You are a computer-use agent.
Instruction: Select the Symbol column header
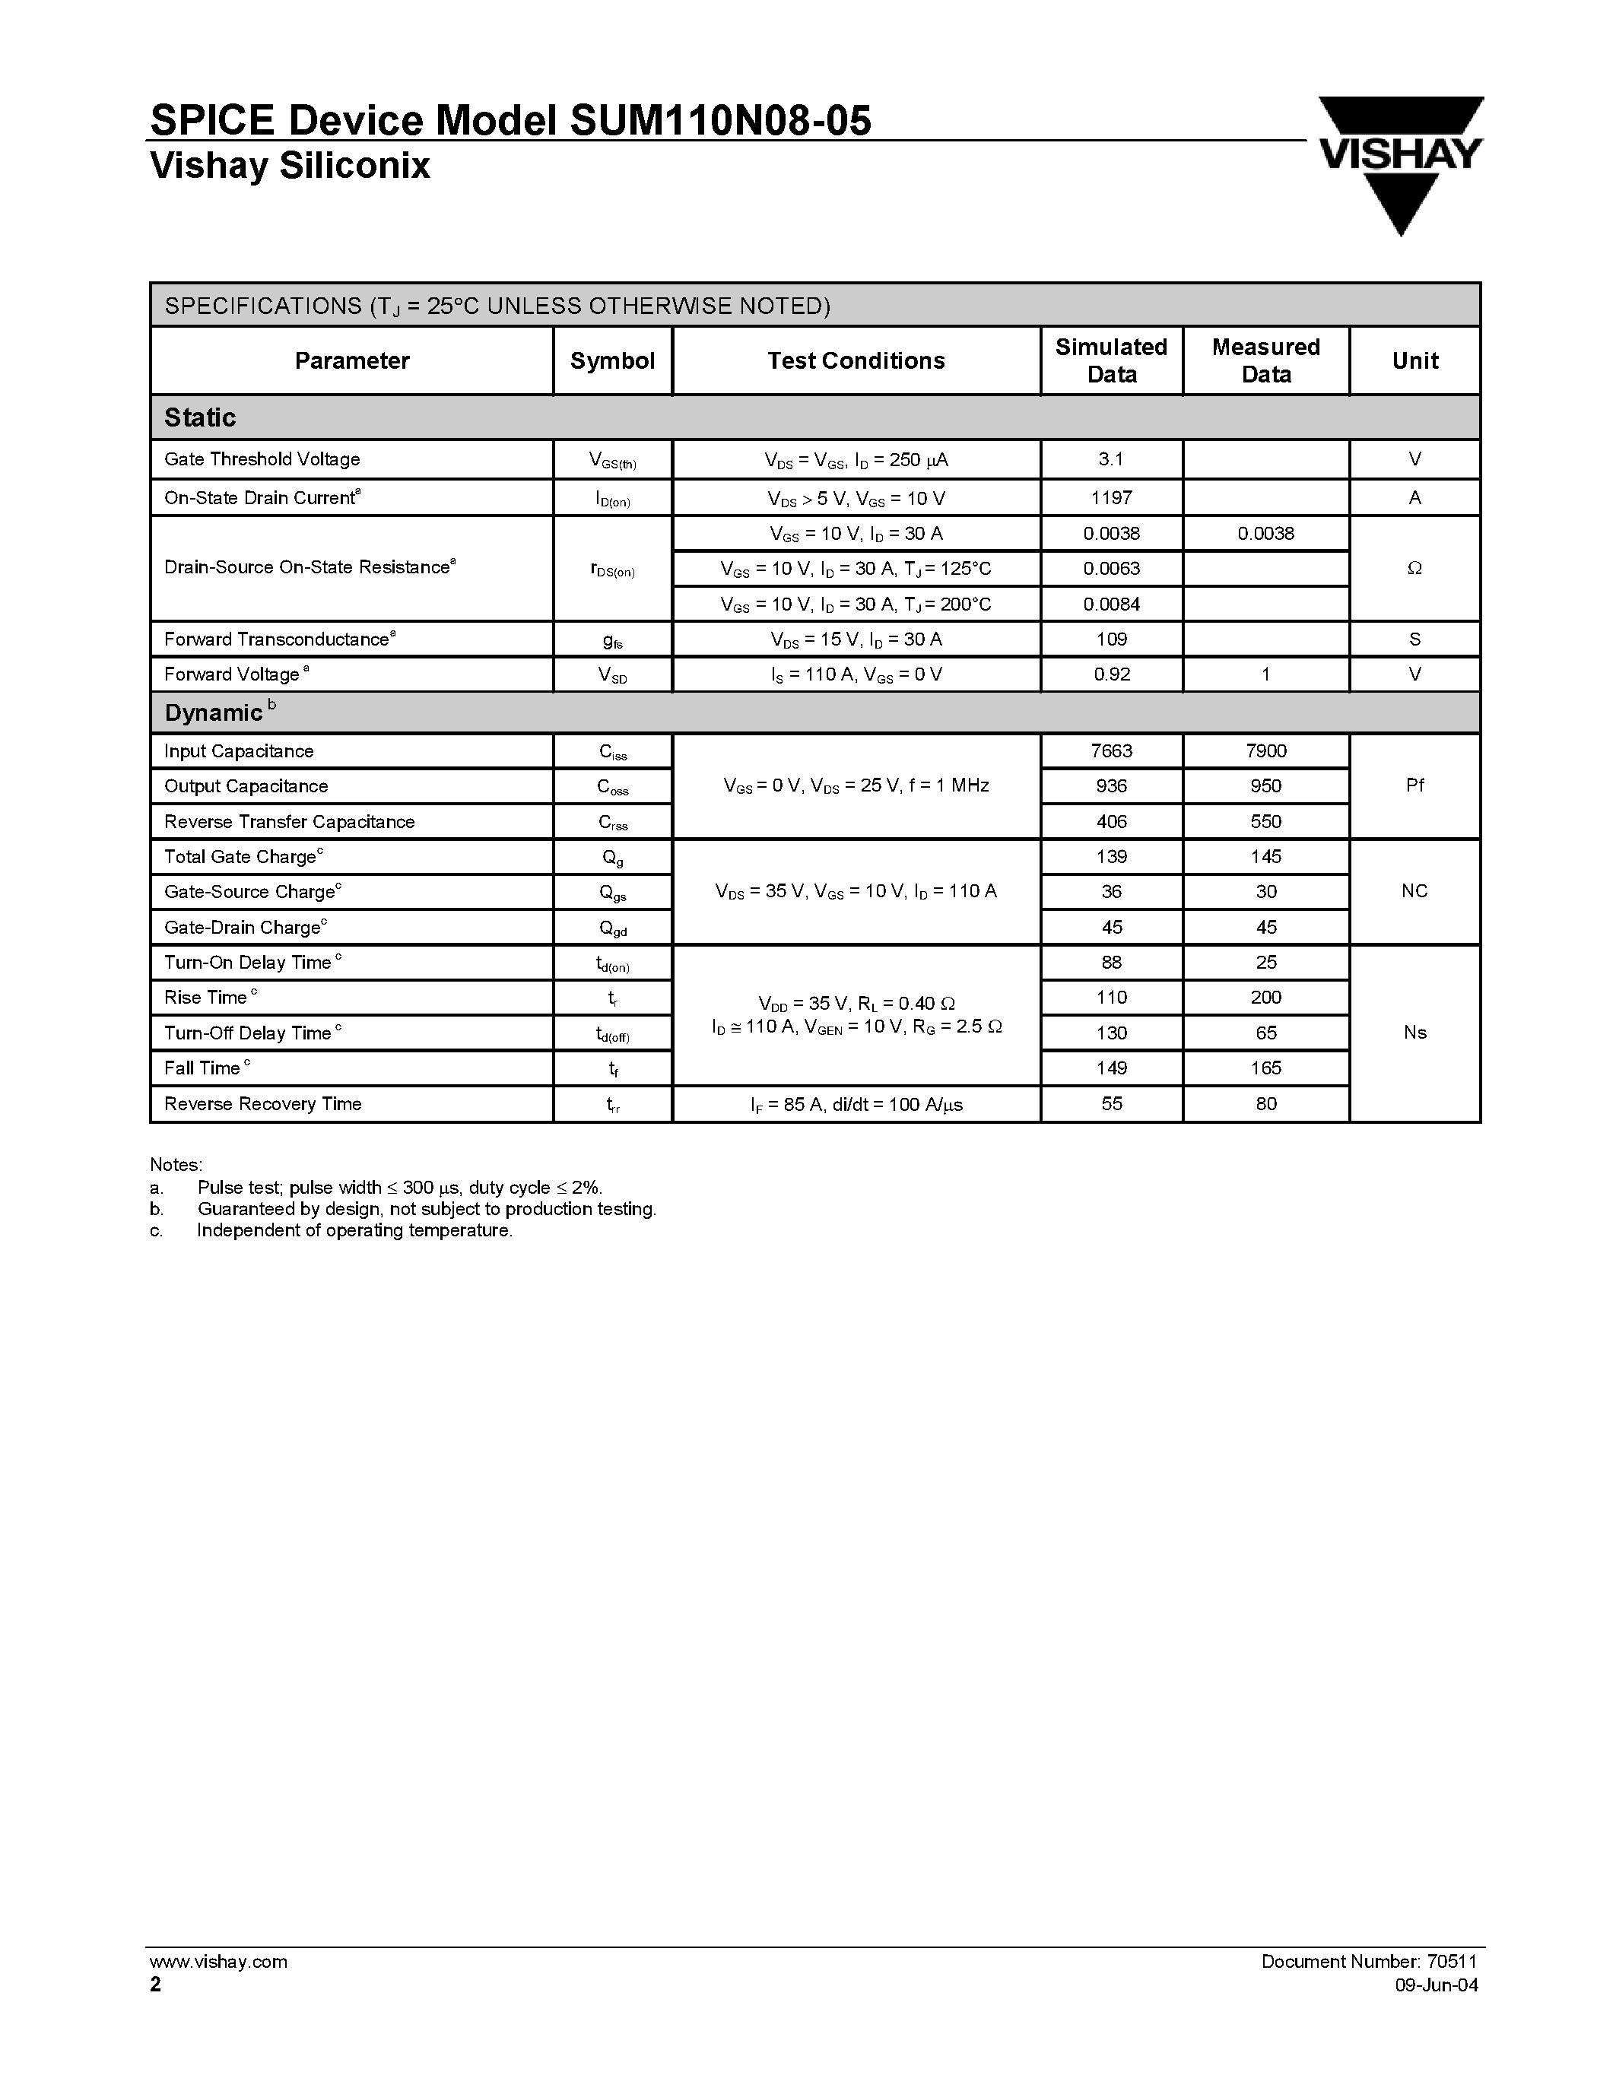611,361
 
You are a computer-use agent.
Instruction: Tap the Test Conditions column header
856,361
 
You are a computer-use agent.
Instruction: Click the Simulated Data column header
1110,361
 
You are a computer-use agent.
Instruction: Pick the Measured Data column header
1265,361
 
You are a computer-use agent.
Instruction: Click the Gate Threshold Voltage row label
262,459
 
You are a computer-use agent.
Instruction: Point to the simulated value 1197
1110,498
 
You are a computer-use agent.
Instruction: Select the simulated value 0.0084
1110,604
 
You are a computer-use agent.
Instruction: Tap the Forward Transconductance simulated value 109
1110,639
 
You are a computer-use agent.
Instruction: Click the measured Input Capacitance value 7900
1265,751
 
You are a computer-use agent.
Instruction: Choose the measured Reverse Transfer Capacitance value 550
1265,821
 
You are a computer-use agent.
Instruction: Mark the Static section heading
200,417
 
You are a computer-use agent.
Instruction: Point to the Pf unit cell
1414,786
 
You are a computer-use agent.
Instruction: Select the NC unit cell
1414,891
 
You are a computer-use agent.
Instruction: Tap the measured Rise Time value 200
1265,998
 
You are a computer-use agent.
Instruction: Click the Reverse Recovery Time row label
263,1104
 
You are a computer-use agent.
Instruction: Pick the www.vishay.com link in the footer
217,1962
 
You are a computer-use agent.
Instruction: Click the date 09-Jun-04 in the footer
1436,1985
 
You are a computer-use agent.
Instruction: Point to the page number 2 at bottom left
156,1985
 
